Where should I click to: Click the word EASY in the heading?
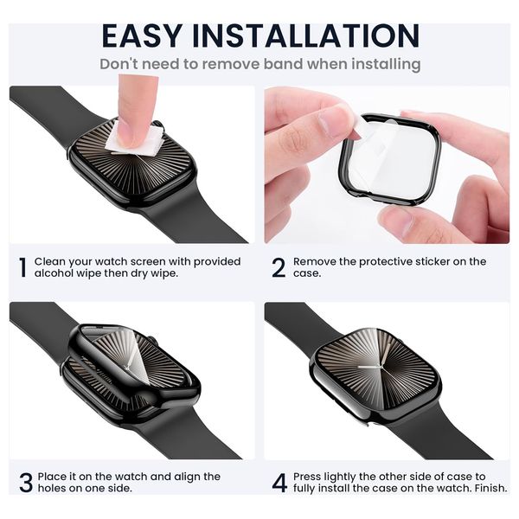click(x=143, y=35)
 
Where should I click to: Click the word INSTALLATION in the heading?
click(x=306, y=35)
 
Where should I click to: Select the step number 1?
click(x=22, y=267)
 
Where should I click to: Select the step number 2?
click(x=279, y=267)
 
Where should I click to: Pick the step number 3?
click(x=26, y=483)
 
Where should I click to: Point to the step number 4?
click(x=279, y=483)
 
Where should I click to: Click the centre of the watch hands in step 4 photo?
click(x=381, y=367)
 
